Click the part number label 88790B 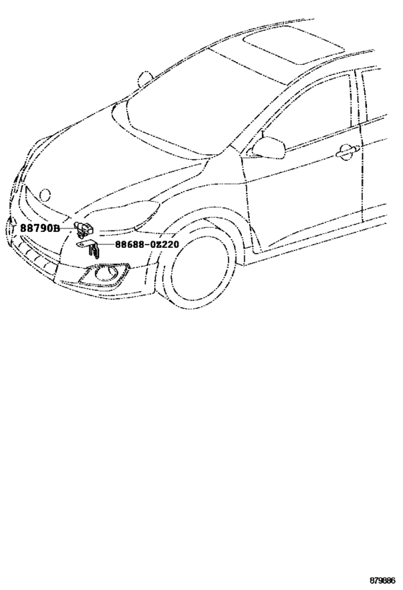(40, 228)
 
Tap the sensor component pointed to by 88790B (83, 228)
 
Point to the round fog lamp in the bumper (103, 274)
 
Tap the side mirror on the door (269, 148)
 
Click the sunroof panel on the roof (294, 45)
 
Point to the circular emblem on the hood (45, 195)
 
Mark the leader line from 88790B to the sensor (67, 228)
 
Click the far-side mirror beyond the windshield (145, 79)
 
